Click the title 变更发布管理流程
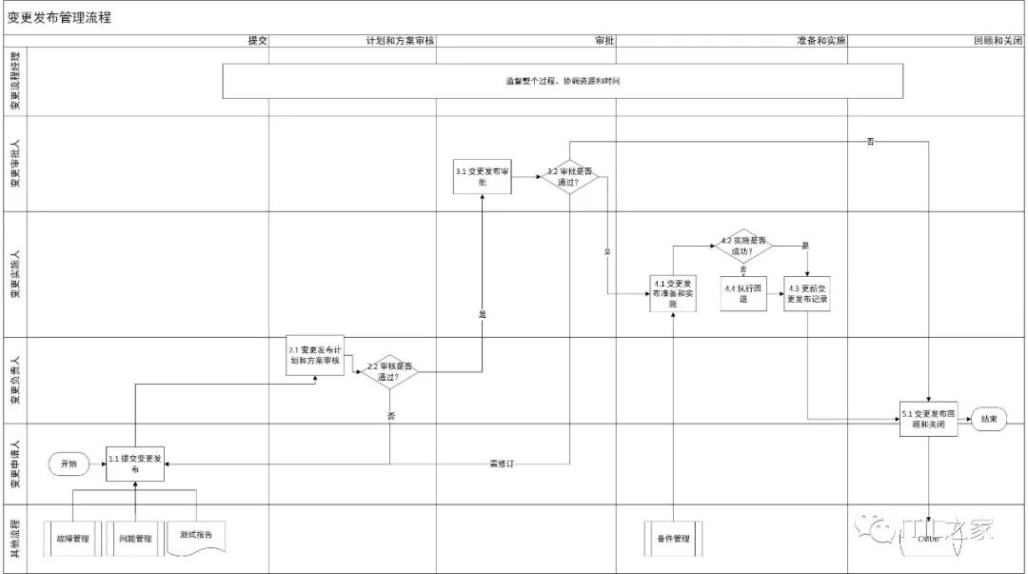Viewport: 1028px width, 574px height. point(60,17)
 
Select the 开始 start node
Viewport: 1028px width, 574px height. point(69,464)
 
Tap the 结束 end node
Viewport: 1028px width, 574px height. point(989,419)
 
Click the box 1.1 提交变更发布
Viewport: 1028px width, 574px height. point(134,464)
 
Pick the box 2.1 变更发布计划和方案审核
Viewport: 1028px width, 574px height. point(314,355)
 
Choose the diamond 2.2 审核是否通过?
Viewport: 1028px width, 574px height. point(390,371)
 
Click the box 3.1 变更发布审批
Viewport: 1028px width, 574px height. point(483,176)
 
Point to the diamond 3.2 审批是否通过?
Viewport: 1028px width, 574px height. point(569,177)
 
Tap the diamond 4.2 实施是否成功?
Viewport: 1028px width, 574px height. point(743,246)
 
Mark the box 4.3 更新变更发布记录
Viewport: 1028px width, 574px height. point(807,293)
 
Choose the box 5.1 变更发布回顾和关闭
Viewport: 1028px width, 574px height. point(929,419)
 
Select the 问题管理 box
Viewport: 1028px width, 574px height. point(134,538)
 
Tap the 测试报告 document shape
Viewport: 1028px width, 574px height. point(195,536)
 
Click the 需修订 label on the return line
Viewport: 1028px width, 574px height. point(501,464)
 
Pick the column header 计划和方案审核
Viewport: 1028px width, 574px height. point(400,42)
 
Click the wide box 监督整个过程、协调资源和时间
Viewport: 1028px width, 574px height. point(562,81)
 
